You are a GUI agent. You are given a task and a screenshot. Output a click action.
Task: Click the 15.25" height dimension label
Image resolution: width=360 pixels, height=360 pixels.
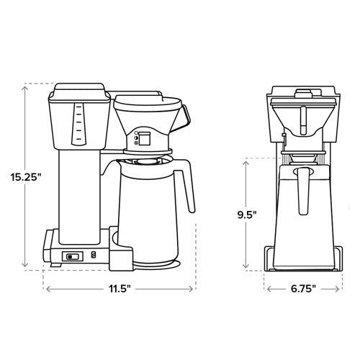click(26, 176)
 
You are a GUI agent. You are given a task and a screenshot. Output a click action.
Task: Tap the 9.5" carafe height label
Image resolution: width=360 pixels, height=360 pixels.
click(246, 213)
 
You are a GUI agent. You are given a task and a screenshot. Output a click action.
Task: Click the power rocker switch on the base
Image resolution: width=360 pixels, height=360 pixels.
click(73, 256)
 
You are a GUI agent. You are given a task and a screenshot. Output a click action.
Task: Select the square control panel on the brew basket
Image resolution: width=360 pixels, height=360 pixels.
click(144, 138)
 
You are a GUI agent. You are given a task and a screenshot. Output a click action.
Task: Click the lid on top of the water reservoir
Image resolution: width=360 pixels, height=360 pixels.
click(77, 90)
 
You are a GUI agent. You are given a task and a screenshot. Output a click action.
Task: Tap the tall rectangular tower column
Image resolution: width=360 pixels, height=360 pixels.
click(81, 194)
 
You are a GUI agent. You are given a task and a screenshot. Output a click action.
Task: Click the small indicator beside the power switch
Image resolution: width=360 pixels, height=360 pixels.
click(92, 256)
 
